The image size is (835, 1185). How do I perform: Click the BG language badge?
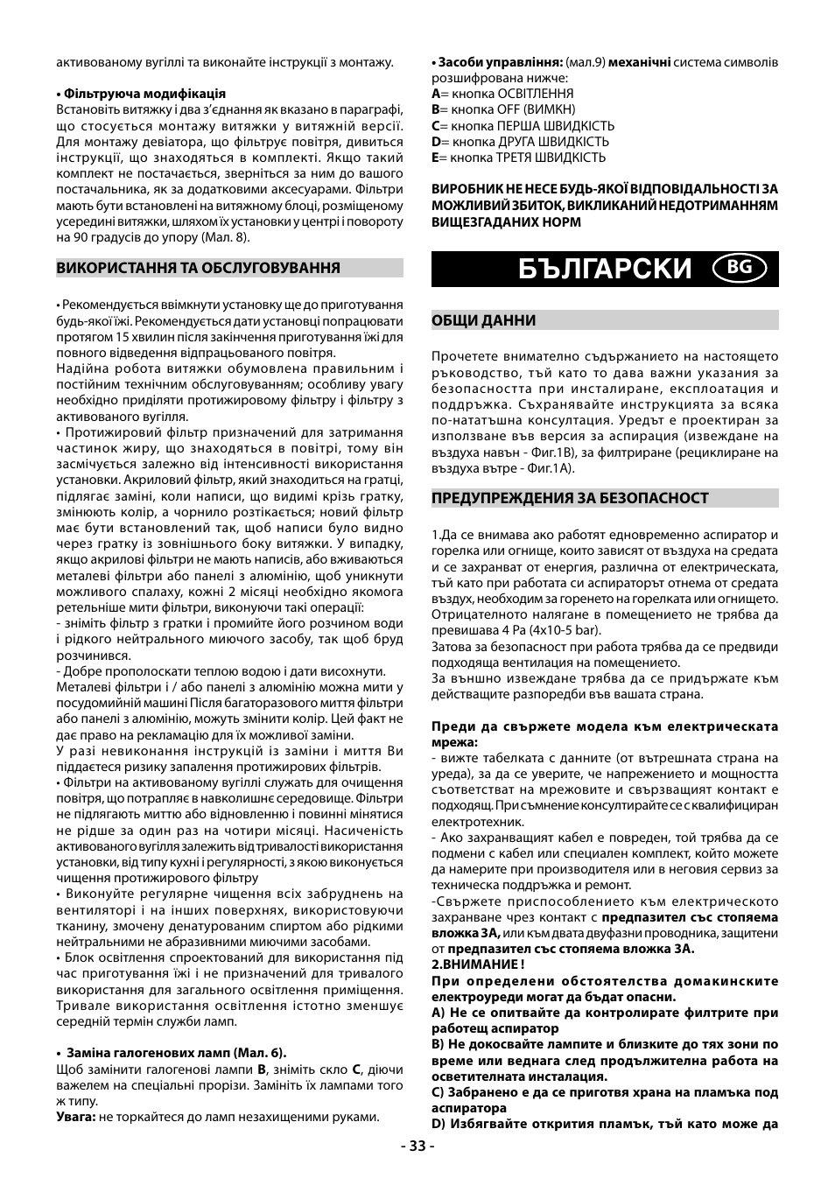(740, 269)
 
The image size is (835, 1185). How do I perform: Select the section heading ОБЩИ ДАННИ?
(483, 320)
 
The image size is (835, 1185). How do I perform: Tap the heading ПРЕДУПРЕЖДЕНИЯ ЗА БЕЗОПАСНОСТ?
(570, 498)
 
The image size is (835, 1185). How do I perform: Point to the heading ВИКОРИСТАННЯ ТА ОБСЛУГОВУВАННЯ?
(198, 268)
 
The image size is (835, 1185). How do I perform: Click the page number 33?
(417, 1146)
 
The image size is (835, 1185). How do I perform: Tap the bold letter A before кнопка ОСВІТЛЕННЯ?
(435, 94)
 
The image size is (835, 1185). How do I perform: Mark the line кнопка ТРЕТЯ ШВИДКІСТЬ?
(529, 158)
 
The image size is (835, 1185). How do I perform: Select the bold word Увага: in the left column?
(75, 1117)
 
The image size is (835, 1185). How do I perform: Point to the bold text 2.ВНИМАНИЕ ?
(478, 964)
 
